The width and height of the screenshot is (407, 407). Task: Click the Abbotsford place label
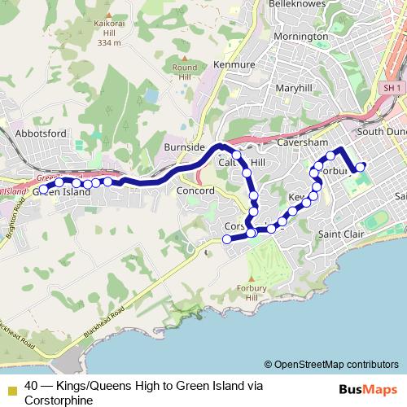42,133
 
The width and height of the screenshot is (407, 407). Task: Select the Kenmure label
234,63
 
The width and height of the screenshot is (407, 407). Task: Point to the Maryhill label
294,88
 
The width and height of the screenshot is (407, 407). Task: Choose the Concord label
195,191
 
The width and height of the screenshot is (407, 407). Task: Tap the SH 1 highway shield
392,87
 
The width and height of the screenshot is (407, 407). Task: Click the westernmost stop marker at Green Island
43,190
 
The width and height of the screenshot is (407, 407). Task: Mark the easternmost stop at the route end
361,167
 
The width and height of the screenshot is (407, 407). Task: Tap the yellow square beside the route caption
11,387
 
